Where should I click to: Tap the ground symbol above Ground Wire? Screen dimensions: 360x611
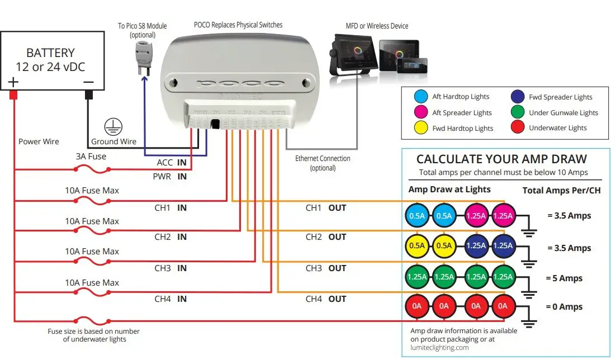pos(113,126)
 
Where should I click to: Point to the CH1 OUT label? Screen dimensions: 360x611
pos(326,208)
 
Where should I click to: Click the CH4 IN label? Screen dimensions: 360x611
pos(170,299)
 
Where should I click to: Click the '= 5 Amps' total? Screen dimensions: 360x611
pos(565,278)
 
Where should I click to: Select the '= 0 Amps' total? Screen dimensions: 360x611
pos(565,307)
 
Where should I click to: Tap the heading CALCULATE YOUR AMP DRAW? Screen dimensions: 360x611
pos(501,159)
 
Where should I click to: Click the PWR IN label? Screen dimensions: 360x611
pos(170,177)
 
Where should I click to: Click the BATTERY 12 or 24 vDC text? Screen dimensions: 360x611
pos(50,60)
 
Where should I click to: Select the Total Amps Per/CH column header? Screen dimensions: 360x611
pos(561,191)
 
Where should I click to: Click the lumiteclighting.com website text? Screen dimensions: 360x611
pos(439,347)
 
